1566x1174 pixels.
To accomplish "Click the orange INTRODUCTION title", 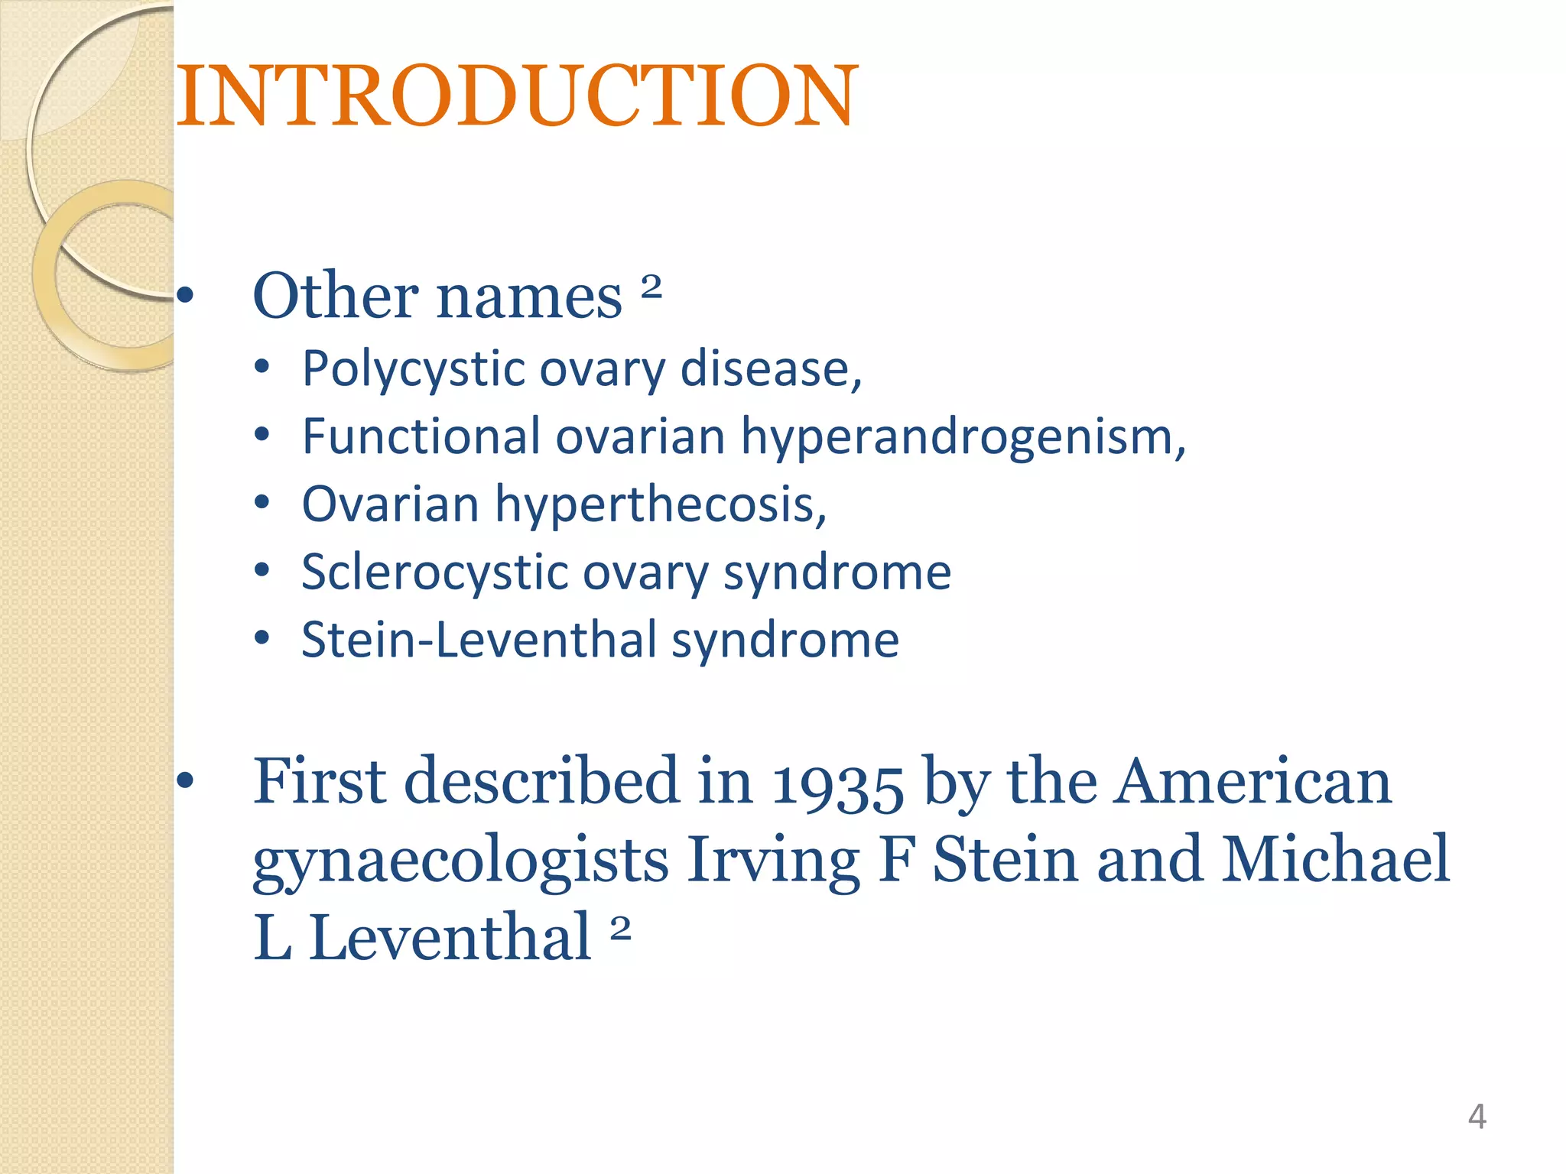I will click(518, 96).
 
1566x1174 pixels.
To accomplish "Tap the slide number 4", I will click(1477, 1117).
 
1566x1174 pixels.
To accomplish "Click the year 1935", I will click(837, 783).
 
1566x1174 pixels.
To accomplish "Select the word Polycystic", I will click(413, 369).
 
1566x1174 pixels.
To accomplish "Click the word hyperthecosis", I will click(660, 504).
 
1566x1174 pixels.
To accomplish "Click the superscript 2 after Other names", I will click(651, 286).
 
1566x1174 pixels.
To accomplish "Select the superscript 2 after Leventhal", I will click(620, 928).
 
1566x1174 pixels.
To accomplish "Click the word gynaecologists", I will click(460, 861).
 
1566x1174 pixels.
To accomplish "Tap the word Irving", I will click(773, 861).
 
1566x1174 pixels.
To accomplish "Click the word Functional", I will click(421, 436).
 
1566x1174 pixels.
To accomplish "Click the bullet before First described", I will click(184, 781).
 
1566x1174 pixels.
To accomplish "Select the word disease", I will click(771, 369).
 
